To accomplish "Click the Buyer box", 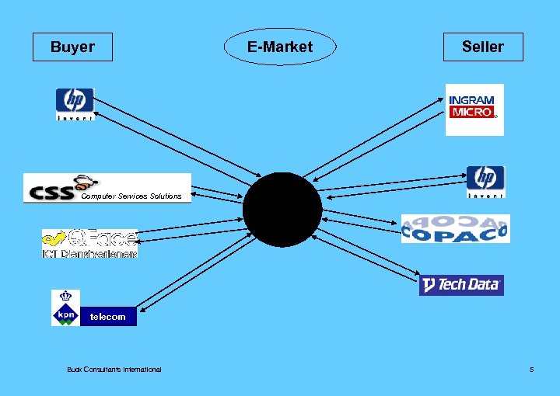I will tap(72, 47).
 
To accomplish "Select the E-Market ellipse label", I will tap(280, 47).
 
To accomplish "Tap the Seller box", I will tap(483, 47).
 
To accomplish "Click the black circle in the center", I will tap(282, 210).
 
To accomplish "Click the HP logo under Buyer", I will tap(75, 104).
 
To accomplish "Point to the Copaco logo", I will tap(455, 228).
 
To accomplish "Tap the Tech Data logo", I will tap(461, 285).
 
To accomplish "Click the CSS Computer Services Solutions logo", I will tap(107, 188).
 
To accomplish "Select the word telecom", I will tap(107, 317).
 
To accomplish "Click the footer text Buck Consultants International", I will tap(114, 369).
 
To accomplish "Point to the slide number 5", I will tap(531, 369).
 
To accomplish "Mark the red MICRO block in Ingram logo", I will tap(472, 113).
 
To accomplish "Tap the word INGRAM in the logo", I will tap(471, 100).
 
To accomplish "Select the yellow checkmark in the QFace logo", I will tap(54, 238).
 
